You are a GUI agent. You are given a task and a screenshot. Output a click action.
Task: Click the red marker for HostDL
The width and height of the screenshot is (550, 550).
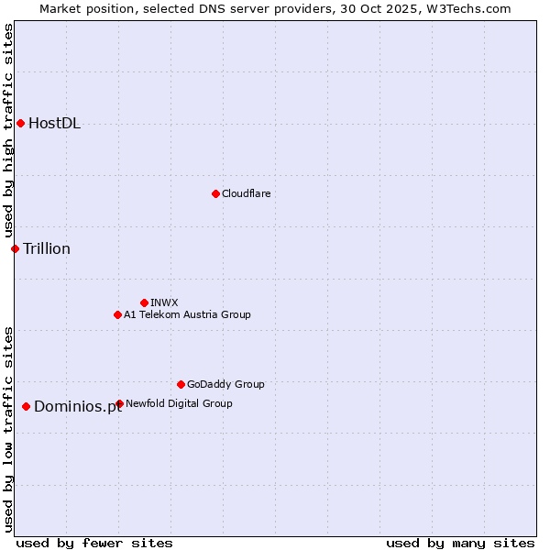click(20, 124)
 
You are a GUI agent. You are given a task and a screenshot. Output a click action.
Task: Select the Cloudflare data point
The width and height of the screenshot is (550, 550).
click(215, 193)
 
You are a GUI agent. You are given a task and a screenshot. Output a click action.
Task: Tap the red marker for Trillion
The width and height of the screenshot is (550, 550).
click(15, 248)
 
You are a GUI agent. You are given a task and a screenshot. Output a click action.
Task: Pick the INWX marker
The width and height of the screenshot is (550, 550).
click(144, 302)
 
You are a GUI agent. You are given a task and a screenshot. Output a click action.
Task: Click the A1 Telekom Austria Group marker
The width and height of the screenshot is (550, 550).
click(117, 314)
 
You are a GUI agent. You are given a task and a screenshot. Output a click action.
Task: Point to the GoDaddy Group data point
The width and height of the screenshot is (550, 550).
click(181, 384)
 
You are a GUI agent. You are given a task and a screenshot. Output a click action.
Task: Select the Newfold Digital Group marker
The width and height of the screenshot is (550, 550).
click(119, 403)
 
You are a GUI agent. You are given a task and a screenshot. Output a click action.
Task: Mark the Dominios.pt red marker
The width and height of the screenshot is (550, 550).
click(26, 406)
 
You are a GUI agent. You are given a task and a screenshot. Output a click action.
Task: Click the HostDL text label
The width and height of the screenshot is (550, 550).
click(54, 124)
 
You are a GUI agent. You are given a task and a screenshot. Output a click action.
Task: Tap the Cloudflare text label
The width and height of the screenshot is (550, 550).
click(246, 193)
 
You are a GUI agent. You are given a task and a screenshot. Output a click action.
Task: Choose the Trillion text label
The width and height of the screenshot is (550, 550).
click(47, 248)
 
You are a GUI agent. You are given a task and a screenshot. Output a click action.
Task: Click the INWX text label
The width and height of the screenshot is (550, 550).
click(164, 302)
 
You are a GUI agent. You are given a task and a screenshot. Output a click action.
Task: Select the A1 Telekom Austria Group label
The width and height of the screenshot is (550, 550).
click(187, 314)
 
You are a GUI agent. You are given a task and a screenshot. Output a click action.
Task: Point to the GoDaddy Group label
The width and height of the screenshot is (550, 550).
click(225, 384)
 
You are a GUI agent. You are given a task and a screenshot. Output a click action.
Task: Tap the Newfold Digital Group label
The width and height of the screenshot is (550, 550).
click(179, 403)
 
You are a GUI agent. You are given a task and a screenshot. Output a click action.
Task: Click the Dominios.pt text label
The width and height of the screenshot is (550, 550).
click(78, 407)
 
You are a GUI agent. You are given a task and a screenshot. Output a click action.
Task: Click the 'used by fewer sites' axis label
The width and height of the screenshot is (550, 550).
click(94, 543)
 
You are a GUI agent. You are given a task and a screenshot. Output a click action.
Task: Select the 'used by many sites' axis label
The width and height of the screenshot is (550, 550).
click(460, 543)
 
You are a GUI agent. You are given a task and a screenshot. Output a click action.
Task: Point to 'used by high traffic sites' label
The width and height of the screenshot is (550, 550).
click(8, 131)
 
